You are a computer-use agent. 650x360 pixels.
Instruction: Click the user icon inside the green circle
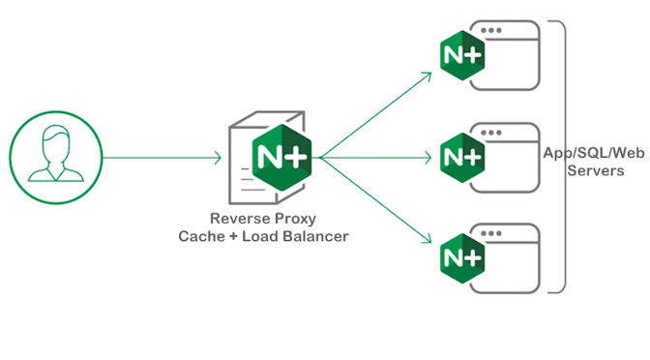(54, 156)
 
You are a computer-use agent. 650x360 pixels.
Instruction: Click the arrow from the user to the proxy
(160, 156)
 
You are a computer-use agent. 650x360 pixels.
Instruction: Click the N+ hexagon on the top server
(461, 54)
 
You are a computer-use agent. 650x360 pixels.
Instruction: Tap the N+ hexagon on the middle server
(461, 155)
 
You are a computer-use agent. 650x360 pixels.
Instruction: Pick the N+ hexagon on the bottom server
(461, 256)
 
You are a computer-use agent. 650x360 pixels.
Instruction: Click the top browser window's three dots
(493, 31)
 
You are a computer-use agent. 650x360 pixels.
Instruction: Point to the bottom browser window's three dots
(493, 233)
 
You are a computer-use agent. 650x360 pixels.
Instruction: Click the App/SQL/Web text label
(595, 152)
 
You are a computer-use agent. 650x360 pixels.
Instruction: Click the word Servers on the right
(595, 169)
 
